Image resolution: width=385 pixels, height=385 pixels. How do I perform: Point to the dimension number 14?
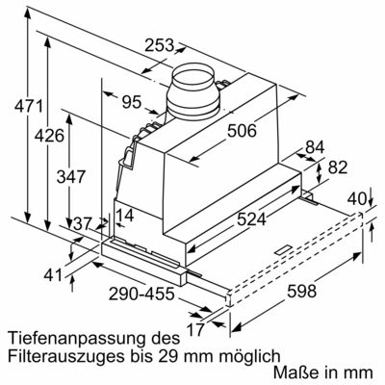click(125, 215)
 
